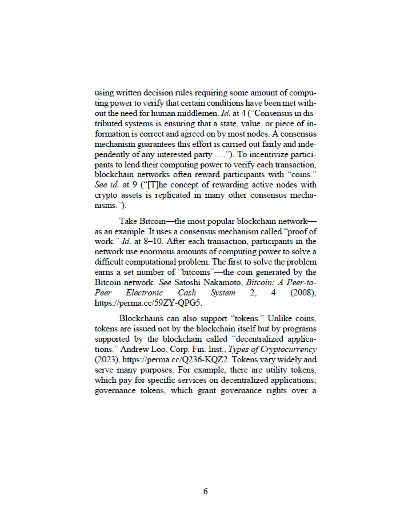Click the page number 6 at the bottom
tap(206, 492)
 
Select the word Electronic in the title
tap(149, 292)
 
